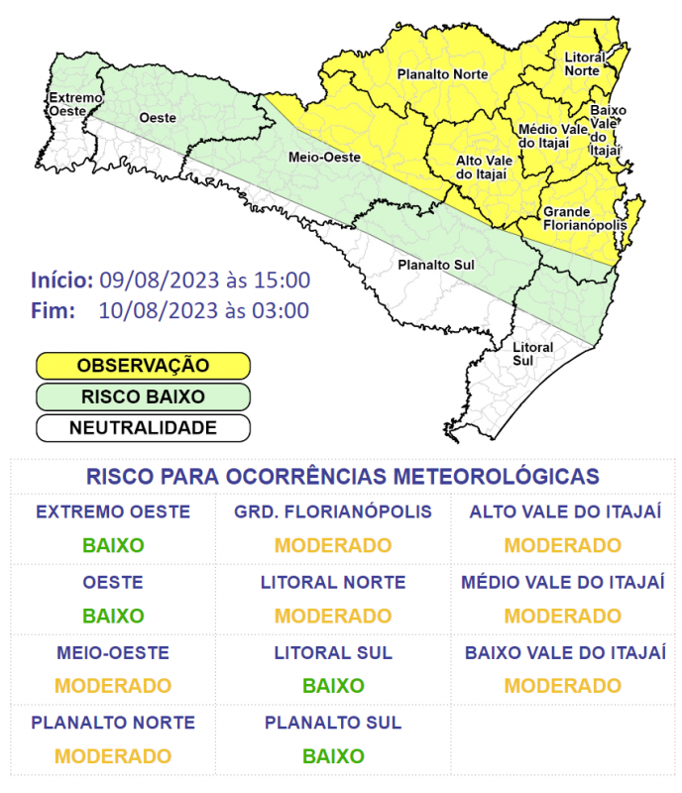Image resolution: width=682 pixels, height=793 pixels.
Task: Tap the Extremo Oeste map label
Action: pos(75,104)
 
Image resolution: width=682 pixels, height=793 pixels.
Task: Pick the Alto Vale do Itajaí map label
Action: pos(482,167)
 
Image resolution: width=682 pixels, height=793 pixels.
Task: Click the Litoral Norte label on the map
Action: pos(584,65)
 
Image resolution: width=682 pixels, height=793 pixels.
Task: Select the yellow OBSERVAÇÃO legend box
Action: pos(143,365)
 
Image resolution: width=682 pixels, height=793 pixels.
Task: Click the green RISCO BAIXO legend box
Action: pos(143,396)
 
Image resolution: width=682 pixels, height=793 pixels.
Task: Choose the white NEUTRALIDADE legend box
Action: pos(143,428)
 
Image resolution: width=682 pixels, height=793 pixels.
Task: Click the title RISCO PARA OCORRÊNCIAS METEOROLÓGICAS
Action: pos(342,476)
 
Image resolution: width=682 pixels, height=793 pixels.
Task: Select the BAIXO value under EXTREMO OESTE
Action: pos(113,545)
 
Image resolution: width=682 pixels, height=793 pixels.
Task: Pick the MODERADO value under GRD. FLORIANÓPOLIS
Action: pos(333,545)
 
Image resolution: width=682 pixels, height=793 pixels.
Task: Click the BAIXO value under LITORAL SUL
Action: pos(333,686)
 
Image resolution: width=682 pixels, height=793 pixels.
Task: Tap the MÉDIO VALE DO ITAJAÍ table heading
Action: pos(562,583)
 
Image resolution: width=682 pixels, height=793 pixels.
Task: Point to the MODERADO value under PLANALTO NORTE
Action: pos(113,756)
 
